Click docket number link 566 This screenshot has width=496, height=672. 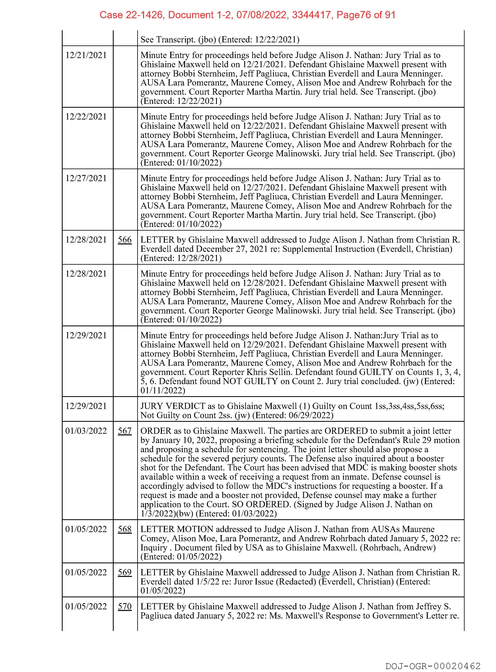click(x=125, y=240)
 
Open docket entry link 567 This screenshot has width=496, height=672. click(x=125, y=431)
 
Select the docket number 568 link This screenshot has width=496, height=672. click(x=125, y=529)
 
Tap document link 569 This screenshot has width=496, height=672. click(x=125, y=572)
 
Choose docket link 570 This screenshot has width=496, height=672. click(x=125, y=607)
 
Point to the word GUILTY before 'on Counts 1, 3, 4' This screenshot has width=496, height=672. click(x=376, y=372)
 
